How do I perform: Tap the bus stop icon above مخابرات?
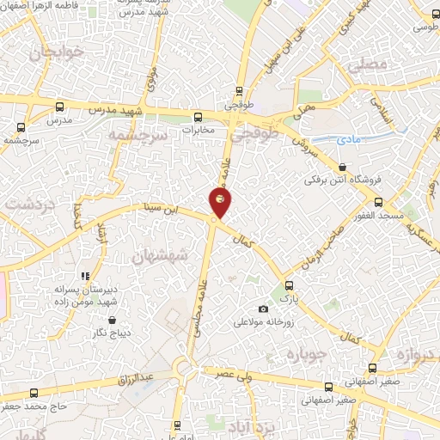198,117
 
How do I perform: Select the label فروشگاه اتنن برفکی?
342,181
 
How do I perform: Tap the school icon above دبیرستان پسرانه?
85,277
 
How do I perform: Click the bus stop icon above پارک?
288,286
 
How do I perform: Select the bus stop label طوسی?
424,27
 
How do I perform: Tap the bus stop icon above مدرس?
58,107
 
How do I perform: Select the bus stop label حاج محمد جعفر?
34,404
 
